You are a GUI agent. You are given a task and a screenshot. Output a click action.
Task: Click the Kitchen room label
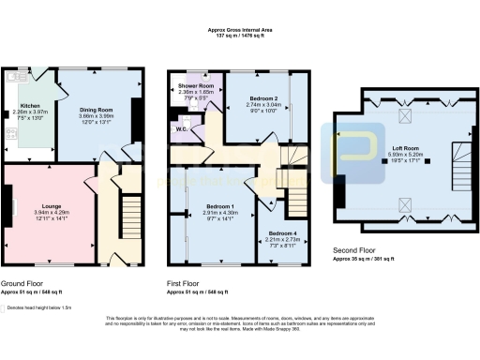click(30, 106)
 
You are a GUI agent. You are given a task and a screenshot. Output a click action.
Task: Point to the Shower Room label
click(196, 85)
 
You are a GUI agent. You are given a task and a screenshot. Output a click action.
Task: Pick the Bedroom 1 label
click(220, 205)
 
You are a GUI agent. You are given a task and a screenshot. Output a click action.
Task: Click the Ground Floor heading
click(22, 282)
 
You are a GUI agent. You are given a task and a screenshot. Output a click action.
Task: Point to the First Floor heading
click(187, 282)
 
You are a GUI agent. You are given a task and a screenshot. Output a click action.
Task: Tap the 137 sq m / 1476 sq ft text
click(239, 37)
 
